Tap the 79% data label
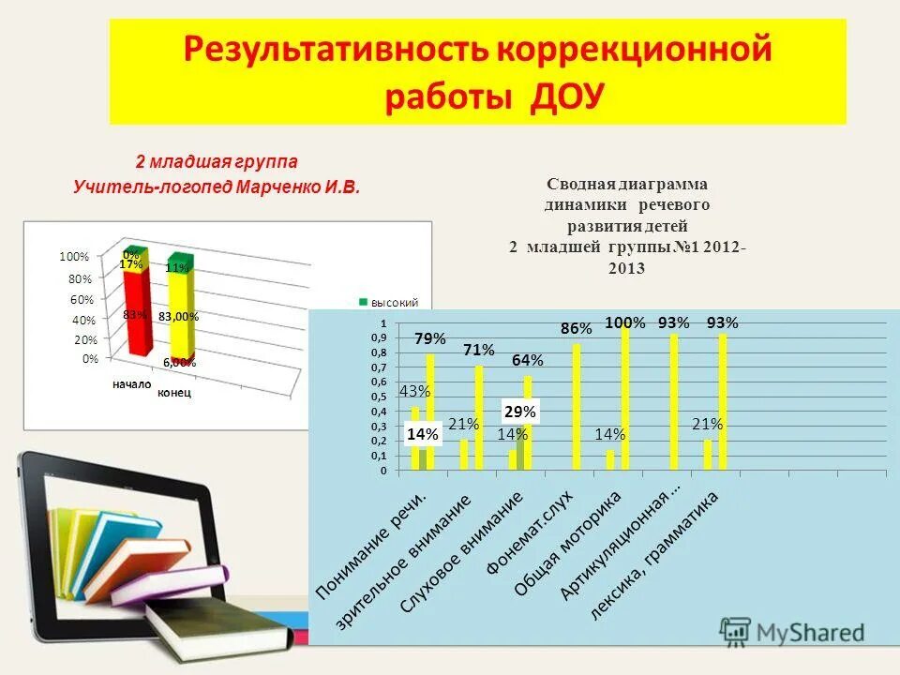pyautogui.click(x=430, y=338)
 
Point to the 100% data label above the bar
pyautogui.click(x=625, y=322)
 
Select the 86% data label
pyautogui.click(x=577, y=329)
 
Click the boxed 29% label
pyautogui.click(x=520, y=411)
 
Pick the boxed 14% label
pyautogui.click(x=423, y=434)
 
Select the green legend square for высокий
pyautogui.click(x=364, y=302)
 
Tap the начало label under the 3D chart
pyautogui.click(x=131, y=384)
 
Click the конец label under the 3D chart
pyautogui.click(x=173, y=393)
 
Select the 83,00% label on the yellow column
pyautogui.click(x=178, y=317)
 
